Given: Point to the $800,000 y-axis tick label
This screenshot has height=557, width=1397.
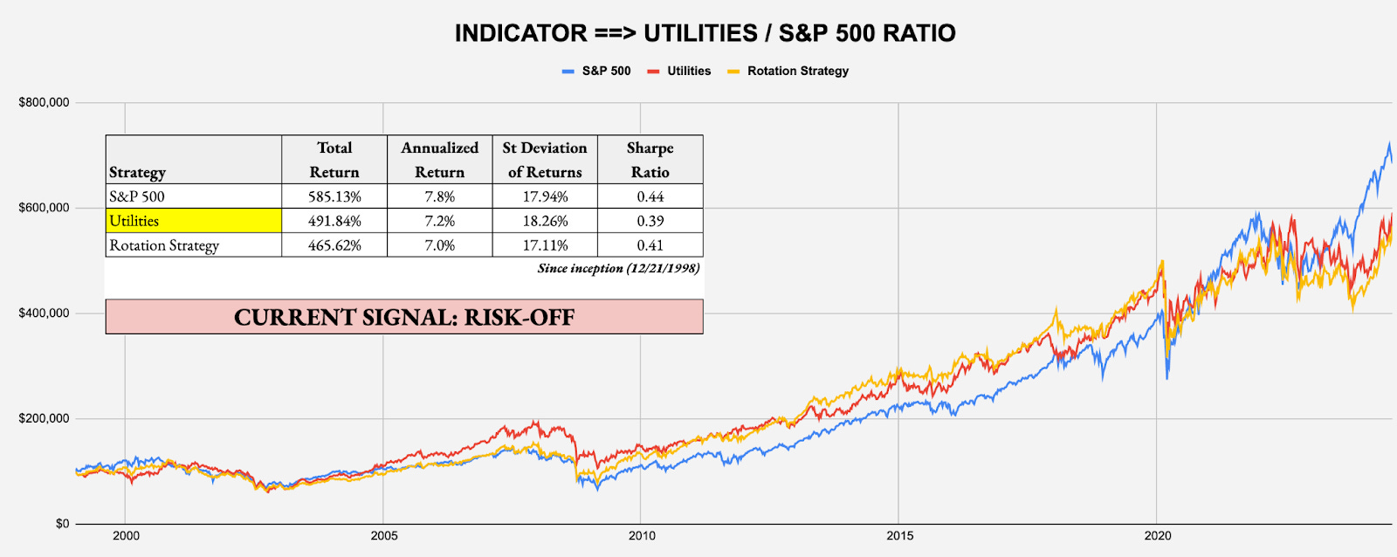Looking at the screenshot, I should [x=44, y=102].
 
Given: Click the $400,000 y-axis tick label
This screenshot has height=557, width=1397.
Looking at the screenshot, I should [x=44, y=313].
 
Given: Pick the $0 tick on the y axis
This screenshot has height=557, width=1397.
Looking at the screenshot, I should [x=62, y=524].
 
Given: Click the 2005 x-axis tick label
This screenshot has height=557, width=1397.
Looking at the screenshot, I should [x=383, y=535].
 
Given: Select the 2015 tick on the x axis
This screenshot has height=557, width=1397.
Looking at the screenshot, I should [x=899, y=535].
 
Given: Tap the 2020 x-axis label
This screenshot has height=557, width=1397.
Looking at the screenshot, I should [x=1157, y=535].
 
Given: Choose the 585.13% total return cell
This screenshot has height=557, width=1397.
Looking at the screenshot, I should [x=334, y=196].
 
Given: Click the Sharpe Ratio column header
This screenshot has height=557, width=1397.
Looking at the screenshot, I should [x=650, y=160].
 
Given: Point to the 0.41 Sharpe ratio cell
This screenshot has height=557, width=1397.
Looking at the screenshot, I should [x=650, y=245].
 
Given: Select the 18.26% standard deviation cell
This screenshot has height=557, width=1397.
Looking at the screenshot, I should [x=545, y=221].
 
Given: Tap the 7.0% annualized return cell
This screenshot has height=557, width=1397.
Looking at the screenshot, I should [x=439, y=245].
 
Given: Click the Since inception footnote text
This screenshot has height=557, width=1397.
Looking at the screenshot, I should [x=618, y=268].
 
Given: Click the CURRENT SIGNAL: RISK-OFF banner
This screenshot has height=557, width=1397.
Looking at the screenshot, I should [x=404, y=317].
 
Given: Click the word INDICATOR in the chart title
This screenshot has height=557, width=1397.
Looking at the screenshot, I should [x=520, y=33].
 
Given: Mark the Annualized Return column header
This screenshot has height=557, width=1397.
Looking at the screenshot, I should [x=439, y=160].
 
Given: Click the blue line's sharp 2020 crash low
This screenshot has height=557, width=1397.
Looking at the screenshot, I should [x=1167, y=377].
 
